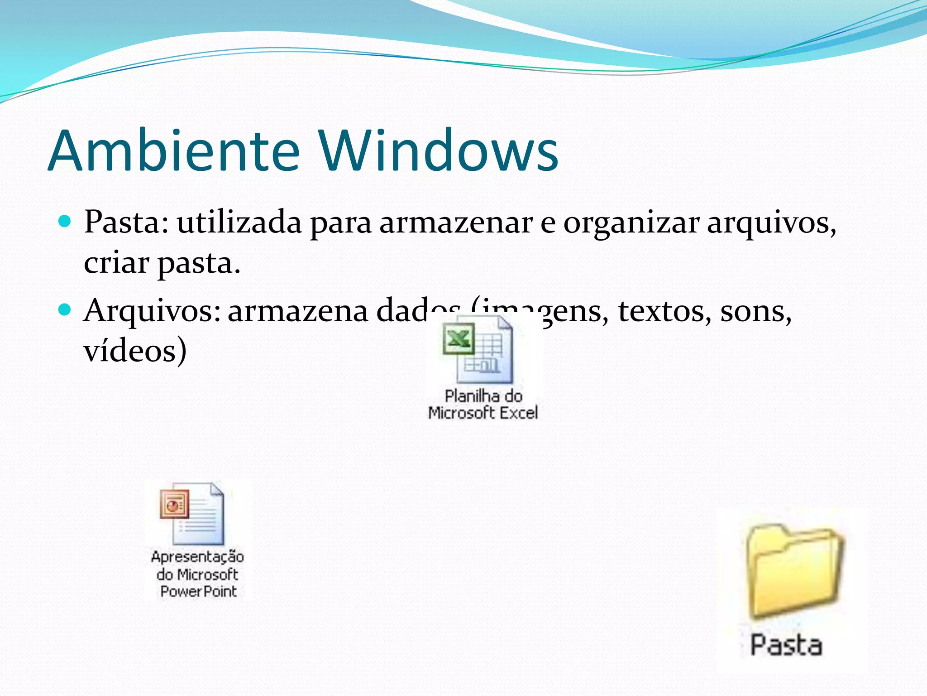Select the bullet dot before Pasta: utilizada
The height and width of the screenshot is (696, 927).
pyautogui.click(x=65, y=222)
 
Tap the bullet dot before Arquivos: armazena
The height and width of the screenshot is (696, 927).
pyautogui.click(x=65, y=310)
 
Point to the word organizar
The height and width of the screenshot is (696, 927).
pyautogui.click(x=631, y=223)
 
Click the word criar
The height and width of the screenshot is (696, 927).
pyautogui.click(x=116, y=262)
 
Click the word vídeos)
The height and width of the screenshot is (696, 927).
pyautogui.click(x=135, y=351)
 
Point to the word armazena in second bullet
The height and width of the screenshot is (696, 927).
pyautogui.click(x=298, y=311)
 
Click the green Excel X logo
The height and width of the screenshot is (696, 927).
pyautogui.click(x=459, y=338)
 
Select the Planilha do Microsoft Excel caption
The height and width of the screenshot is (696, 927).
pyautogui.click(x=483, y=405)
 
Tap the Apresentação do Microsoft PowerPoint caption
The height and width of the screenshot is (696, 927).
pyautogui.click(x=198, y=574)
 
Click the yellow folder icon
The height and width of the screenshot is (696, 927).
pyautogui.click(x=794, y=570)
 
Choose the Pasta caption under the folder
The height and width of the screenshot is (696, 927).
pyautogui.click(x=786, y=645)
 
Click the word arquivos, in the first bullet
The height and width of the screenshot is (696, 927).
pyautogui.click(x=772, y=223)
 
